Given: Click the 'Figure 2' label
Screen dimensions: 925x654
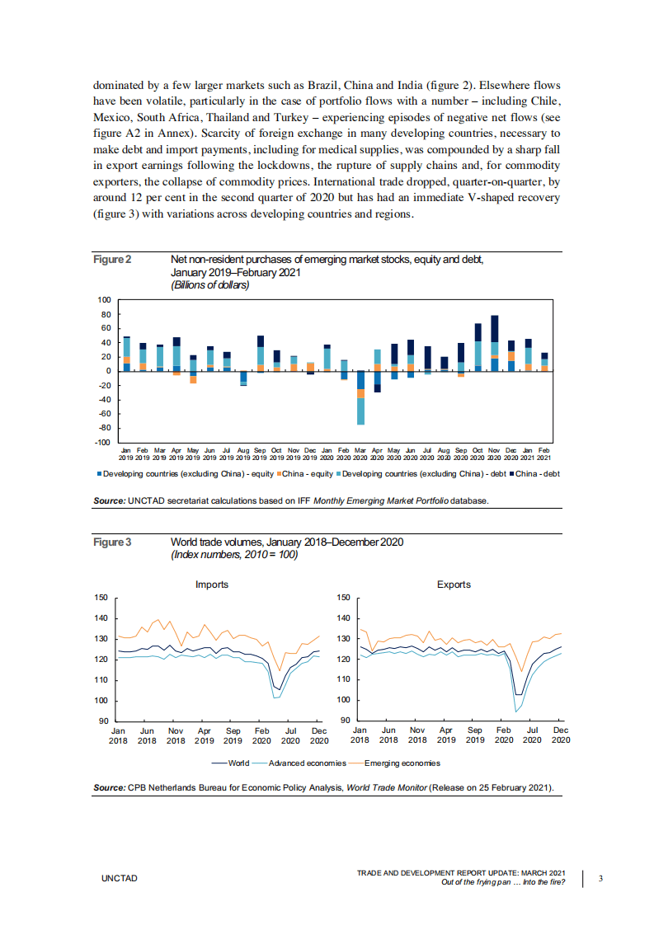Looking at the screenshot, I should click(112, 260).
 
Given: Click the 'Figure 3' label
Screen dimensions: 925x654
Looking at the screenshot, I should click(112, 542).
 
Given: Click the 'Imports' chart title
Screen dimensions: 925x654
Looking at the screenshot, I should click(212, 585).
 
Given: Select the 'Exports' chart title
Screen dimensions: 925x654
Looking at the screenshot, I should click(454, 585).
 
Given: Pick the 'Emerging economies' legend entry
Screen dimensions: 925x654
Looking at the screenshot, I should click(402, 763).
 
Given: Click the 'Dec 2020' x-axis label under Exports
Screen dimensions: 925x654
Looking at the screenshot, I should click(560, 735).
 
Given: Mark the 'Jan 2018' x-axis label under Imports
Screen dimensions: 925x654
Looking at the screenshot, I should click(119, 735).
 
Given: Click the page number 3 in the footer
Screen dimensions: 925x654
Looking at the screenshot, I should click(600, 879).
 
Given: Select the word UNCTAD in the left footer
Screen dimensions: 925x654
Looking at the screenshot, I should click(120, 879).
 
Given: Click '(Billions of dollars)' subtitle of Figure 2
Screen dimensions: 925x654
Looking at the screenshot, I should click(209, 285).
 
